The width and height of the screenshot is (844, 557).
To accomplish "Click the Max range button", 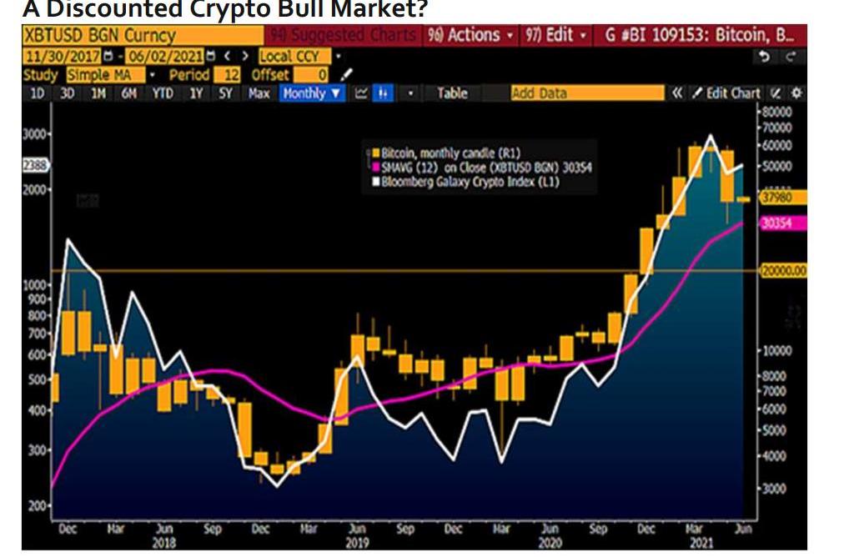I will pos(259,93).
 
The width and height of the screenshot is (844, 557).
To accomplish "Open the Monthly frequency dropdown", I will pos(313,93).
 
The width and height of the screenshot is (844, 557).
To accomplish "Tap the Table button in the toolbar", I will pos(452,93).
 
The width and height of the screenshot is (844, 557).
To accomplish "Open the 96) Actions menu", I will pos(470,35).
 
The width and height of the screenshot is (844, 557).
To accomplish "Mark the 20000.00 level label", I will pos(782,271).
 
